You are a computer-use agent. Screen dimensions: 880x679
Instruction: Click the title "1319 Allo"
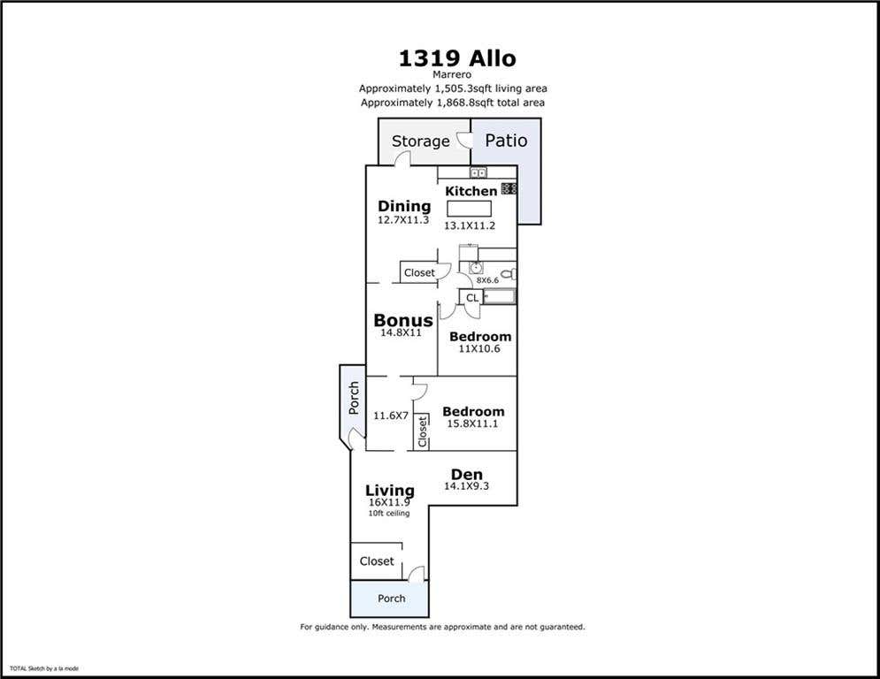coord(457,58)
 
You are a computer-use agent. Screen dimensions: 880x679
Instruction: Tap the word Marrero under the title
coord(452,74)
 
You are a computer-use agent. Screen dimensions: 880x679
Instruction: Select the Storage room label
coord(421,141)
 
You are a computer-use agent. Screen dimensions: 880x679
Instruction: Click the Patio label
coord(506,141)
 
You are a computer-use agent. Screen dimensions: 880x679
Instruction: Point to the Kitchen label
coord(471,191)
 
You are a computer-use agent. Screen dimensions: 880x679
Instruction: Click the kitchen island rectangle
coord(469,209)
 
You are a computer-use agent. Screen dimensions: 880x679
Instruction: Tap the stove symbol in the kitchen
coord(509,188)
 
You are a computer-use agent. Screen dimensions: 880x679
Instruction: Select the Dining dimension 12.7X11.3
coord(403,220)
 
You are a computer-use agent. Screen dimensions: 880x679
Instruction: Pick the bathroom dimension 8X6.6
coord(487,280)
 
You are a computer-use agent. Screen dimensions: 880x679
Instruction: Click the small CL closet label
coord(472,298)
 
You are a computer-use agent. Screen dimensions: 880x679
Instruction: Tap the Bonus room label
coord(403,320)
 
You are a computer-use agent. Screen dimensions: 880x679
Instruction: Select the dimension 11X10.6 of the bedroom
coord(479,348)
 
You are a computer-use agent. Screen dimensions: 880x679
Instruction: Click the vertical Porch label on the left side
coord(354,398)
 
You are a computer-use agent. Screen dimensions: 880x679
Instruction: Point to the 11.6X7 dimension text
coord(391,416)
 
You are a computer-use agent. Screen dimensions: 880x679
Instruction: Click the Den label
coord(466,474)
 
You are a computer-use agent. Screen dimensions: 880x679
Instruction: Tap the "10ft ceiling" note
coord(389,513)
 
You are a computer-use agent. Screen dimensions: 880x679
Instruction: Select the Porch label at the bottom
coord(391,599)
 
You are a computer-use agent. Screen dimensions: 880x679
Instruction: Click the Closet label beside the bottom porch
coord(377,561)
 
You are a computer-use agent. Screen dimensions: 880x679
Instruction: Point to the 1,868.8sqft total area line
coord(452,103)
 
